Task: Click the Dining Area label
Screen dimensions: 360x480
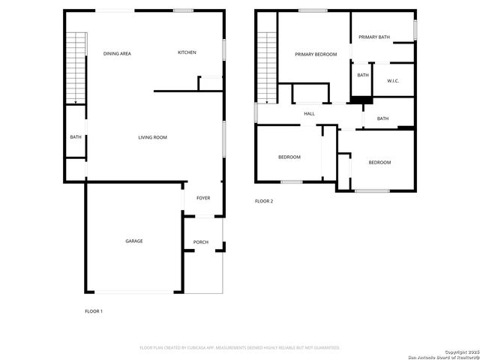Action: pyautogui.click(x=117, y=53)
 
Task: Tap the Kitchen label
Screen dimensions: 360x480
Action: pyautogui.click(x=187, y=52)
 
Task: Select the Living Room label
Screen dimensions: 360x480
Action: pyautogui.click(x=152, y=137)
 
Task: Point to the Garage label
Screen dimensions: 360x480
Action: pyautogui.click(x=134, y=241)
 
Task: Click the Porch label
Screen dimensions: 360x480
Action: pyautogui.click(x=201, y=242)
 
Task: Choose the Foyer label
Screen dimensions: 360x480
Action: pyautogui.click(x=203, y=198)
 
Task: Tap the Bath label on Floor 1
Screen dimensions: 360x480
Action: pyautogui.click(x=76, y=137)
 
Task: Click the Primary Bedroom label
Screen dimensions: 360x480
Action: pyautogui.click(x=316, y=54)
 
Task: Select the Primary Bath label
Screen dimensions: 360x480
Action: pyautogui.click(x=373, y=37)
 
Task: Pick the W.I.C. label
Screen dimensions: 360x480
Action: pyautogui.click(x=393, y=81)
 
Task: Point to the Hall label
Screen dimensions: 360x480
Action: pyautogui.click(x=309, y=114)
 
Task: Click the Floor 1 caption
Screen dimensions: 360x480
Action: pyautogui.click(x=93, y=310)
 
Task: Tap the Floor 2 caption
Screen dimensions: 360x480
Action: pyautogui.click(x=264, y=201)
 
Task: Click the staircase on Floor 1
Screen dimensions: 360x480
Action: pyautogui.click(x=76, y=67)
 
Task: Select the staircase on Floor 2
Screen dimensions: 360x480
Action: pyautogui.click(x=268, y=67)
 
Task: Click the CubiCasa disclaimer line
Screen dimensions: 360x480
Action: pyautogui.click(x=240, y=347)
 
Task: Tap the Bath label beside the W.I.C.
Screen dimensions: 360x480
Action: pyautogui.click(x=363, y=75)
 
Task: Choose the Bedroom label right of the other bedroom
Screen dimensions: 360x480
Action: pyautogui.click(x=379, y=163)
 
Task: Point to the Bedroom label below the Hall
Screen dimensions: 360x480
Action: pyautogui.click(x=289, y=157)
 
